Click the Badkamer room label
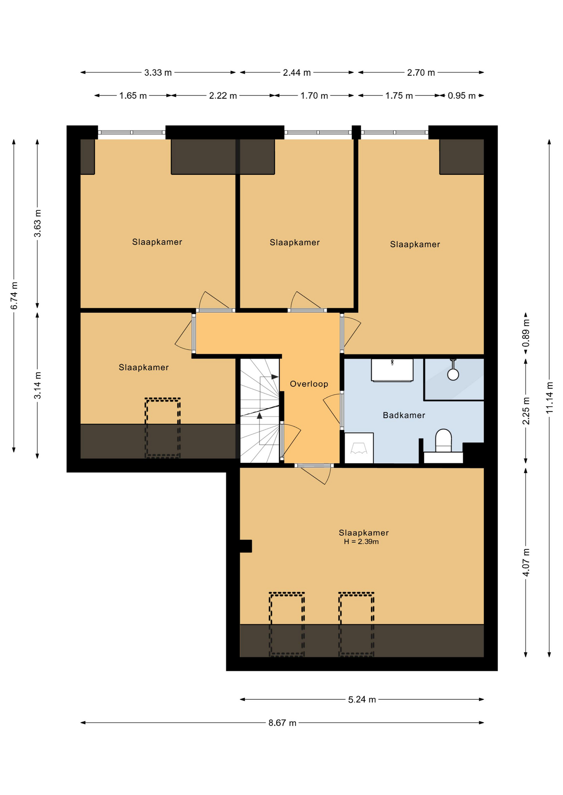point(404,415)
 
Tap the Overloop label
point(309,384)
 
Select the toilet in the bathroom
point(443,441)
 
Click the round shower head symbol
point(453,374)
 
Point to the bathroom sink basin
point(392,370)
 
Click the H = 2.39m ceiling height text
point(361,542)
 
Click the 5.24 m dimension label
point(362,699)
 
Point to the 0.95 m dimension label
point(461,96)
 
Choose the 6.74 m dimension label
point(14,295)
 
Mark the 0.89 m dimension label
point(526,333)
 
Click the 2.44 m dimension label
point(297,72)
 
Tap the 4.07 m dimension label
point(526,562)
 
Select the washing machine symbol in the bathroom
point(359,448)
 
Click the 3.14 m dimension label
point(37,385)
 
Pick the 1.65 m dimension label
point(133,96)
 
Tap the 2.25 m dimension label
point(526,411)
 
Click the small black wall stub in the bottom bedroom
point(245,546)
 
